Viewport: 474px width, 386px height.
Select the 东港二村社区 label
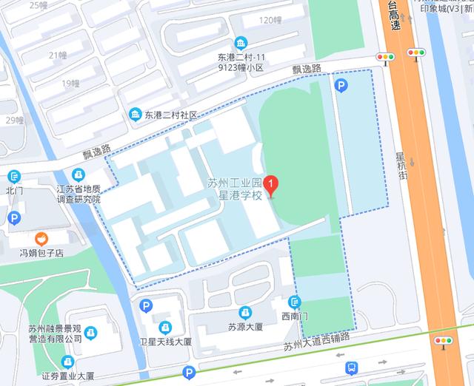click(x=171, y=115)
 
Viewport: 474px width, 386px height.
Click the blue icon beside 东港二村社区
click(x=136, y=115)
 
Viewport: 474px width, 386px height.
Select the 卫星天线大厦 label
click(x=166, y=342)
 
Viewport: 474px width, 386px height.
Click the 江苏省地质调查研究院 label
click(x=77, y=194)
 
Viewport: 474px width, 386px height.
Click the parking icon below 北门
click(x=14, y=217)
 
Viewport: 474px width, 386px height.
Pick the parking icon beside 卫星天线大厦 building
click(x=146, y=305)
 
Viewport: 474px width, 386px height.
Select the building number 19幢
click(x=71, y=83)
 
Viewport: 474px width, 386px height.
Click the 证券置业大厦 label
click(x=68, y=376)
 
